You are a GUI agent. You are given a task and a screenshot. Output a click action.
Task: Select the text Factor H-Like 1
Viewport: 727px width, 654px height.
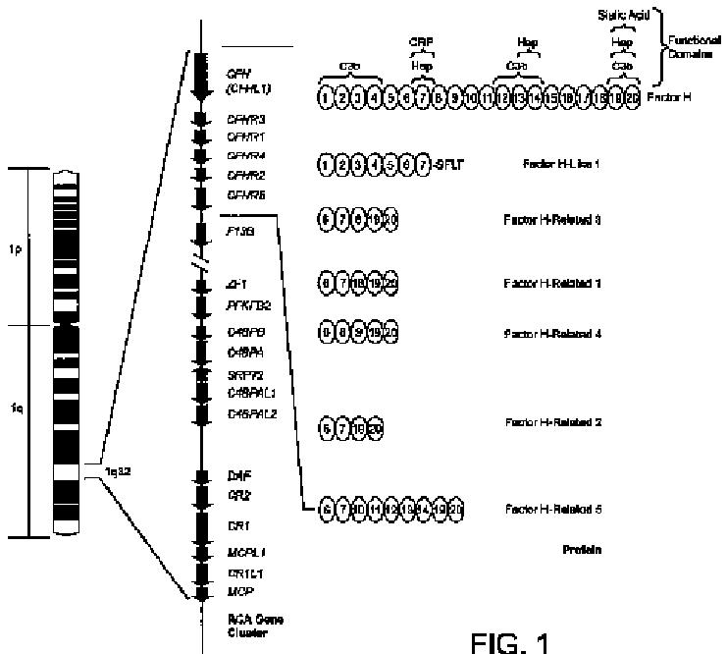pyautogui.click(x=560, y=165)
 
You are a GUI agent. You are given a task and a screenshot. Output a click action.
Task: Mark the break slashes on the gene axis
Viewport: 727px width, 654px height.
pyautogui.click(x=200, y=262)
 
